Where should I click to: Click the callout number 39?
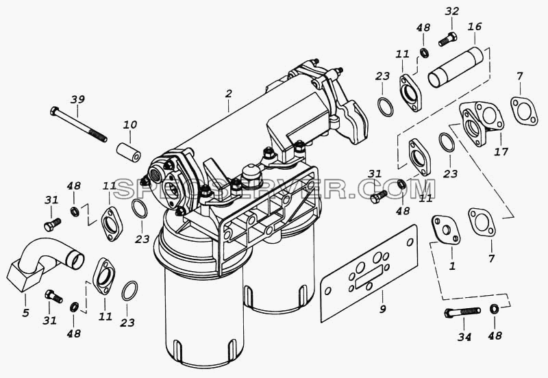(x=77, y=99)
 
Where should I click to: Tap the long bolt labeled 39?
(x=78, y=124)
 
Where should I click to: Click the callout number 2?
(x=228, y=94)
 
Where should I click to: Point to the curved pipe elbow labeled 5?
(x=44, y=264)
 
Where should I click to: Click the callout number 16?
(x=475, y=27)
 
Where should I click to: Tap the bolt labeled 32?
(x=447, y=39)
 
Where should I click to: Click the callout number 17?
(x=501, y=151)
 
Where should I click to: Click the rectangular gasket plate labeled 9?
(x=369, y=273)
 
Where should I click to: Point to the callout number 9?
(x=383, y=309)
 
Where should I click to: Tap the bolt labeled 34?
(x=462, y=312)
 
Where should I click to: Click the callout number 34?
(x=464, y=337)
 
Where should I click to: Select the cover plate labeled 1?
(x=447, y=230)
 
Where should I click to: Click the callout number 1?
(x=452, y=266)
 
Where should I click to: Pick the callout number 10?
(x=130, y=125)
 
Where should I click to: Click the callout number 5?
(x=25, y=313)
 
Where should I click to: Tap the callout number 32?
(x=451, y=11)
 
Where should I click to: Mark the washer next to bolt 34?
(x=494, y=309)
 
